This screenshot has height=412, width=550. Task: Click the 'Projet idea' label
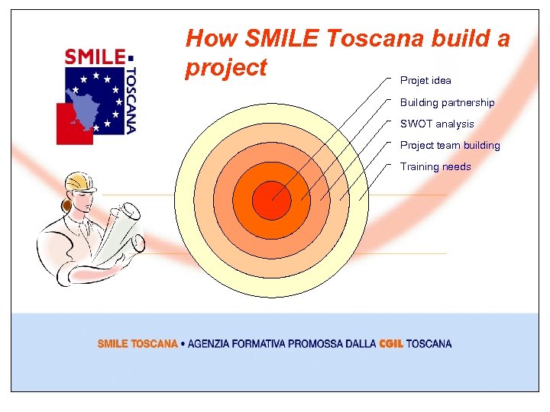[x=425, y=80]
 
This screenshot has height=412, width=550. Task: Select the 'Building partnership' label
[x=447, y=102]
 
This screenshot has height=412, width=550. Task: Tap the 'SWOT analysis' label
[x=437, y=124]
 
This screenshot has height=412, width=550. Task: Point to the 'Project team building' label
[x=450, y=145]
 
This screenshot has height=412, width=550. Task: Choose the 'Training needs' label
[x=435, y=166]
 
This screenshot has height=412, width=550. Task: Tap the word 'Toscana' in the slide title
[x=377, y=38]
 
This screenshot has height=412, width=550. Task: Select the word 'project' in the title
[x=226, y=67]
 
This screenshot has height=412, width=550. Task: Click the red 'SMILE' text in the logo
[x=95, y=56]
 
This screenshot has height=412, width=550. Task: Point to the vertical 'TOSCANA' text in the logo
[x=131, y=99]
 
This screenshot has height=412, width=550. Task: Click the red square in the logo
[x=73, y=124]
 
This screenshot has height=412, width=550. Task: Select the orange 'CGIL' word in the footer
[x=391, y=344]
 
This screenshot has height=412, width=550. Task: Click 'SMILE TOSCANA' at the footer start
[x=137, y=344]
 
